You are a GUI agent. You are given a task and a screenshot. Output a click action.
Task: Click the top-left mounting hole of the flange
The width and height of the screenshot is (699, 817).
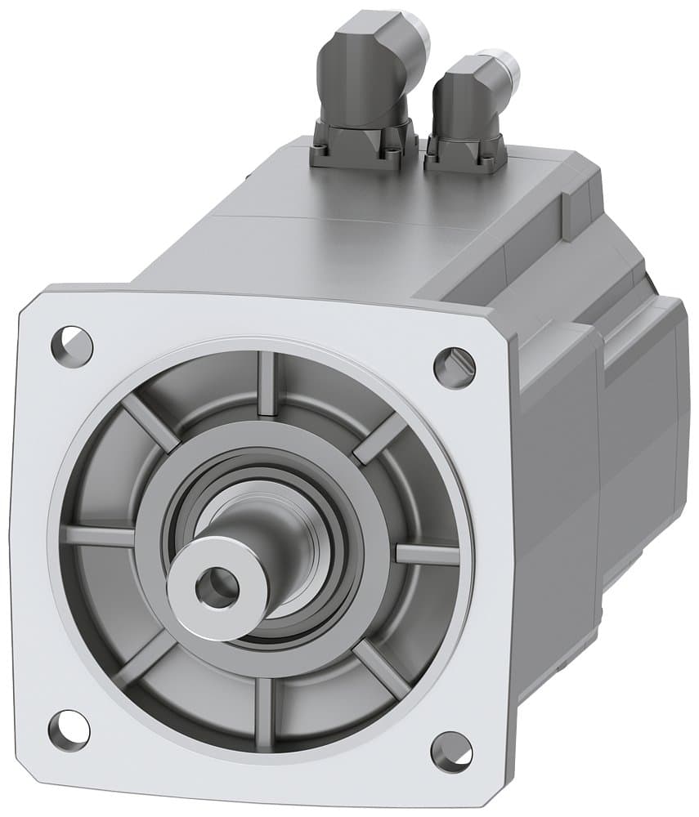tap(71, 346)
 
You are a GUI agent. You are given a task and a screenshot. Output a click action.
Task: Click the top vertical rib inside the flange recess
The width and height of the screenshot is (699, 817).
tap(267, 384)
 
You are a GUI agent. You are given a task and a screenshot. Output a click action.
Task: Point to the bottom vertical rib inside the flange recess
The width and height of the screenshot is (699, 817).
tap(263, 704)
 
